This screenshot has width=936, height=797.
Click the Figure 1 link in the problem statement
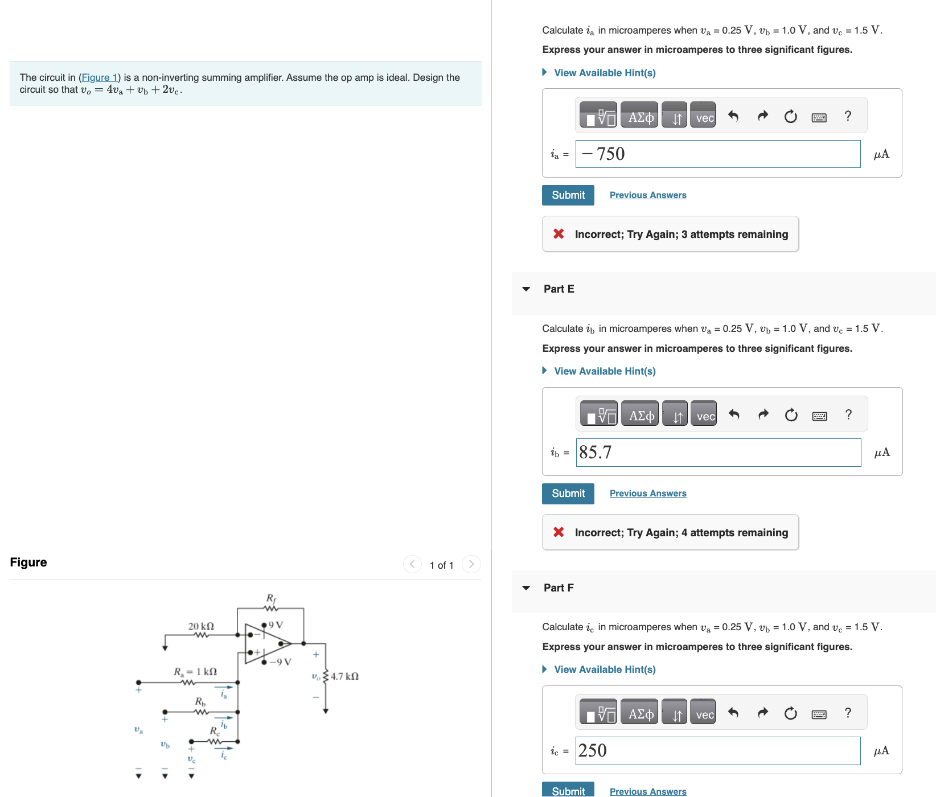tap(99, 77)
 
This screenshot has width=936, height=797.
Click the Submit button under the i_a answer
tap(568, 195)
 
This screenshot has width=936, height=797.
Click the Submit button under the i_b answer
tap(568, 494)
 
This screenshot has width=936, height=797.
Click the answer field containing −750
tap(717, 154)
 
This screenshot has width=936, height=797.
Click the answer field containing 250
tap(717, 751)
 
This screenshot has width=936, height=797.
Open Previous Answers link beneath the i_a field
tap(647, 195)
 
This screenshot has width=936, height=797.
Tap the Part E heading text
tap(559, 289)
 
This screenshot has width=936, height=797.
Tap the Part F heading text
tap(558, 588)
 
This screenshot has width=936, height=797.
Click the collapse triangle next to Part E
tap(526, 289)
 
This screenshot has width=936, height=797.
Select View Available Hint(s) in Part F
tap(604, 669)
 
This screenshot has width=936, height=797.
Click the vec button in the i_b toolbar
tap(705, 416)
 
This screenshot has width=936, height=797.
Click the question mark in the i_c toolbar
tap(848, 713)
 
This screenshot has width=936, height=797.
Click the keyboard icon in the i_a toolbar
tap(819, 118)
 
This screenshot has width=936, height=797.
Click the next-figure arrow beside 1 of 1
tap(471, 564)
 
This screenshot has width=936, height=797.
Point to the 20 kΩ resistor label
tap(201, 626)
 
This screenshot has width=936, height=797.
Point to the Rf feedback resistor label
tap(271, 598)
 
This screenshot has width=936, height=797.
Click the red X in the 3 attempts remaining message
tap(559, 234)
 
